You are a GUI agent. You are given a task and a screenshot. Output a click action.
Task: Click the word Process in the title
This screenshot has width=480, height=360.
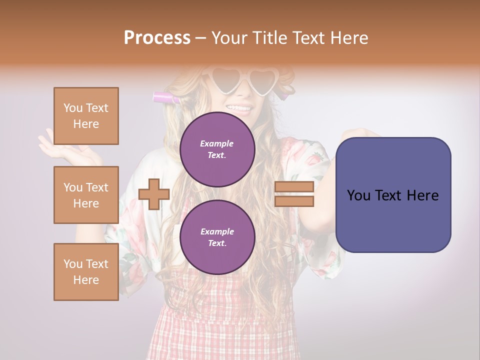[157, 37]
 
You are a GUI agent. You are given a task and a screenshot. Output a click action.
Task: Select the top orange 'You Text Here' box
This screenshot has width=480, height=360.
[86, 116]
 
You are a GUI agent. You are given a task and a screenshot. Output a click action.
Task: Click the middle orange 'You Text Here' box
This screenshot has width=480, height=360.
[86, 195]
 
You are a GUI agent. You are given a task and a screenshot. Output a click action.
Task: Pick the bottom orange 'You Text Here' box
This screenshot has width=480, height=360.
[86, 272]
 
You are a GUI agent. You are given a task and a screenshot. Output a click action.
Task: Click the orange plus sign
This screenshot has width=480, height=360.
[154, 194]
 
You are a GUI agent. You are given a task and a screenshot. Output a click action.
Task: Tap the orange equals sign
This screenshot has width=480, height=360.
[294, 194]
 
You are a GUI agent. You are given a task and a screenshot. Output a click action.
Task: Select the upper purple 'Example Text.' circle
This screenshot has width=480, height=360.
[217, 149]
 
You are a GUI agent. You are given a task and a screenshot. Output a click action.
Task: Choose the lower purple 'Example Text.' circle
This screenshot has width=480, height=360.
[217, 237]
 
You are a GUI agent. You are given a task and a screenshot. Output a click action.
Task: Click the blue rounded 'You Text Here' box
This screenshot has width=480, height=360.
[393, 195]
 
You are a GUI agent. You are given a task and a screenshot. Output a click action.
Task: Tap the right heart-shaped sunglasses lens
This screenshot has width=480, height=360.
[263, 80]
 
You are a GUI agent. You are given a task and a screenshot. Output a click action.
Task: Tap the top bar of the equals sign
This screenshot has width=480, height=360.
[294, 187]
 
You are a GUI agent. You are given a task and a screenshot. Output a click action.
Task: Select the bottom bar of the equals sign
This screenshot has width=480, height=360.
[294, 201]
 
